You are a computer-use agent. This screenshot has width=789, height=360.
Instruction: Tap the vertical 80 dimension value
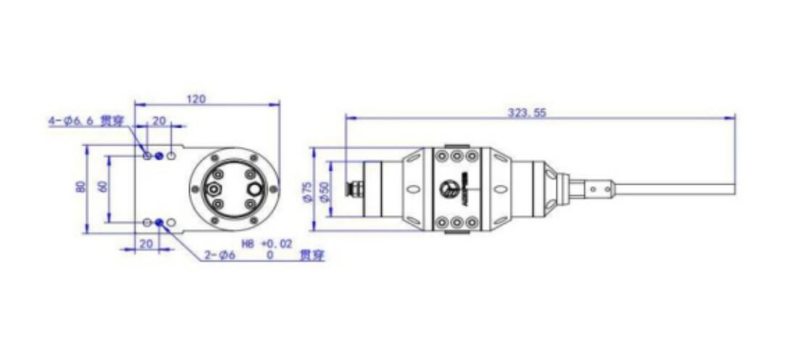coord(80,187)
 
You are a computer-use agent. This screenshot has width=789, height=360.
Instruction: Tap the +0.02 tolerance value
coord(277,245)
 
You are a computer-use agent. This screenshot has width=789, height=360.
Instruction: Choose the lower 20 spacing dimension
coord(146,244)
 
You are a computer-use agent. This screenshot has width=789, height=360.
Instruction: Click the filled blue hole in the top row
coord(159,156)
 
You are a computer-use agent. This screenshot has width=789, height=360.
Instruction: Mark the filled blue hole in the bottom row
coord(159,222)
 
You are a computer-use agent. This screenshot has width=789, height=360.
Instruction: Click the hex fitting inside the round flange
coord(213,189)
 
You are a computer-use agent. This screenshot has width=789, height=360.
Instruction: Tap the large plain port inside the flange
coord(256,188)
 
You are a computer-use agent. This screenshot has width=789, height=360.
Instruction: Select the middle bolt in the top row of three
coord(456,156)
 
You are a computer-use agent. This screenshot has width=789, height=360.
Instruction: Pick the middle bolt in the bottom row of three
coord(456,223)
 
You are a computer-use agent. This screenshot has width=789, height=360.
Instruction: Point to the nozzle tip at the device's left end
coord(353,189)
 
